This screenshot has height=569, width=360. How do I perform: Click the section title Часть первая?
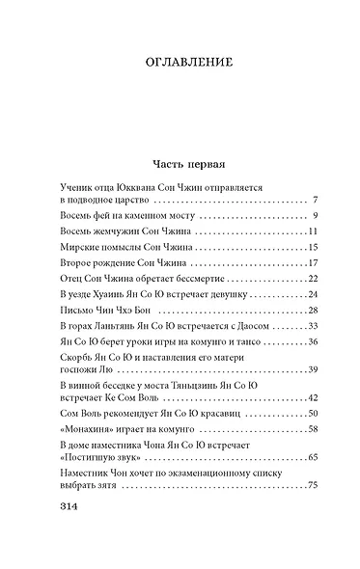tap(180, 161)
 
